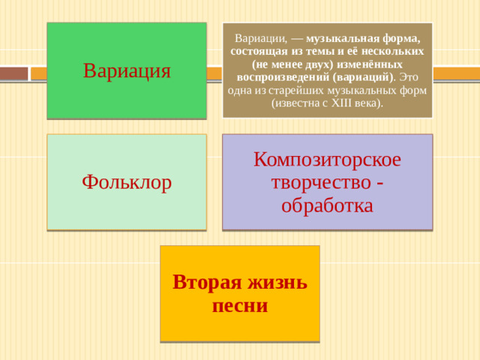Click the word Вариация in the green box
pyautogui.click(x=127, y=71)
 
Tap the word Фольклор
pyautogui.click(x=127, y=181)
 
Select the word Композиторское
pyautogui.click(x=327, y=160)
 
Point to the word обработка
pyautogui.click(x=327, y=205)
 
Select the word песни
pyautogui.click(x=240, y=305)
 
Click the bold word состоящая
pyautogui.click(x=255, y=51)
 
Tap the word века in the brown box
pyautogui.click(x=367, y=103)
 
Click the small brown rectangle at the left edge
pyautogui.click(x=13, y=73)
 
